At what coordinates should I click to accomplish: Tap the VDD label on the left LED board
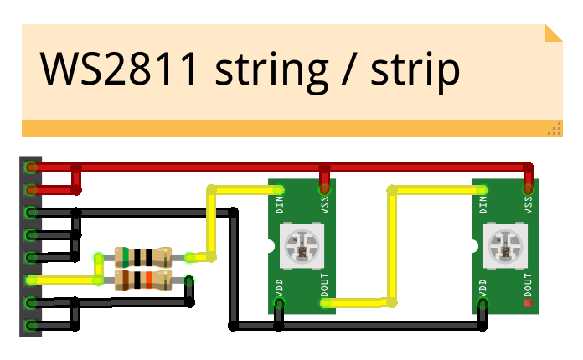coord(280,288)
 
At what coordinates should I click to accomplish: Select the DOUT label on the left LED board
coord(325,285)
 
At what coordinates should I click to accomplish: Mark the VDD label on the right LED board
coord(483,288)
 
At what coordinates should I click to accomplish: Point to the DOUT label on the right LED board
coord(529,285)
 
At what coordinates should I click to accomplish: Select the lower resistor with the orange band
coord(143,279)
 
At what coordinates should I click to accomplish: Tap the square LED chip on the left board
coord(302,244)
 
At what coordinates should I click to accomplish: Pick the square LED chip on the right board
coord(506,244)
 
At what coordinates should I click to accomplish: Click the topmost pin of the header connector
coord(31,167)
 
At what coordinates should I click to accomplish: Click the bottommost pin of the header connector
coord(31,325)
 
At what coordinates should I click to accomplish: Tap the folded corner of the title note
coord(553,33)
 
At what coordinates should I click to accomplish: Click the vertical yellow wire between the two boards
coord(391,243)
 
